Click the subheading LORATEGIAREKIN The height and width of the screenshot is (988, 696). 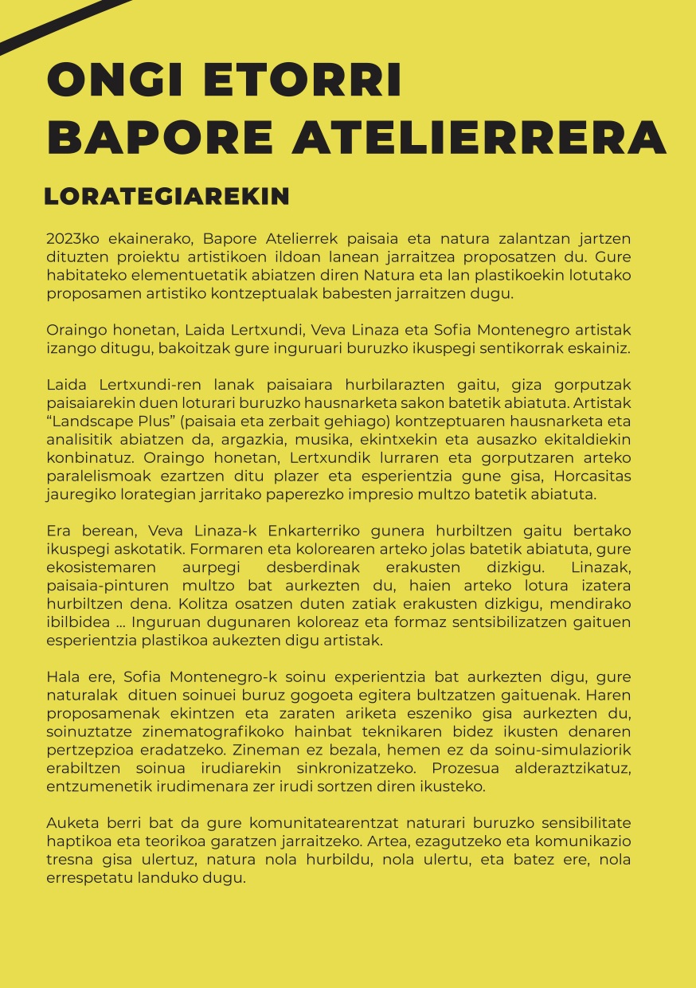(x=166, y=197)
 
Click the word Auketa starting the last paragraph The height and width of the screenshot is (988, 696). (x=70, y=823)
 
